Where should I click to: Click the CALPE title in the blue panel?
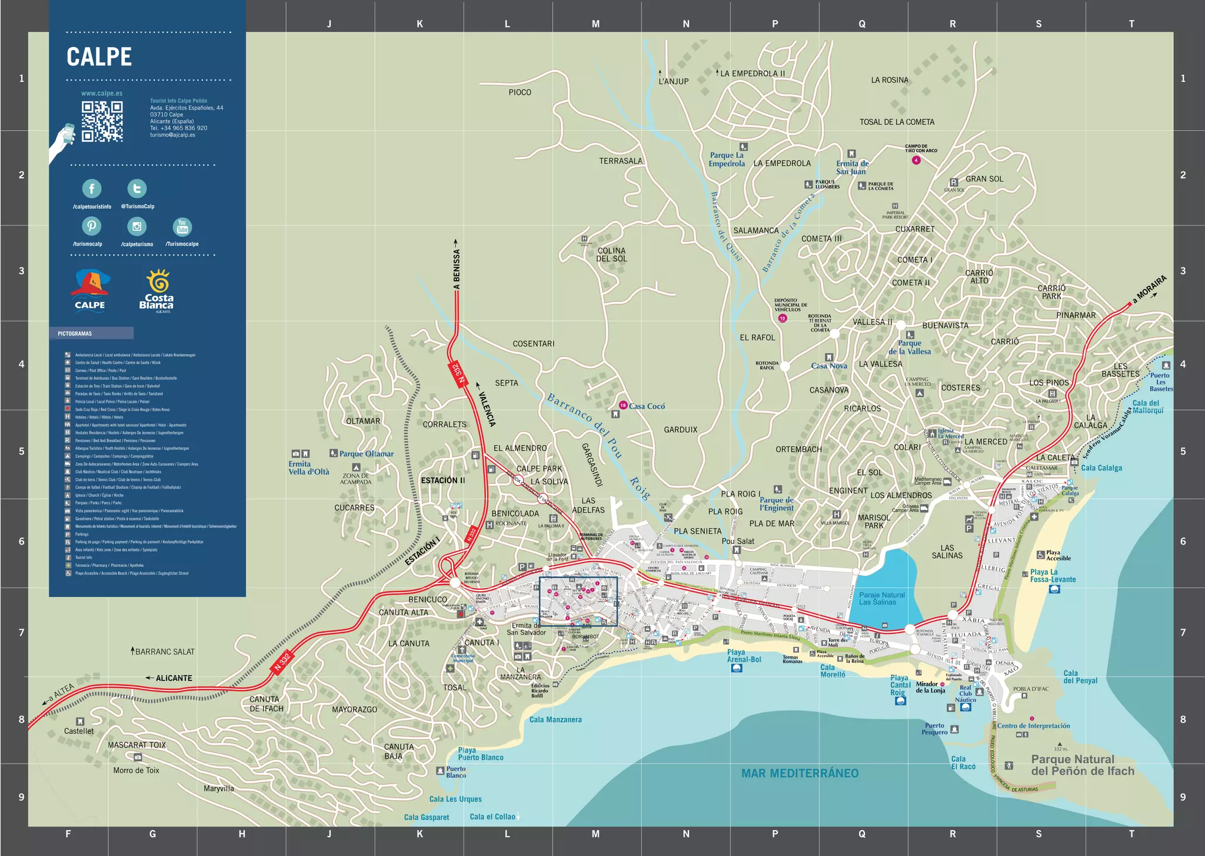(x=99, y=57)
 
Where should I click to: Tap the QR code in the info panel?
(x=102, y=121)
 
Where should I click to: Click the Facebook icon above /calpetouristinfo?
(x=92, y=188)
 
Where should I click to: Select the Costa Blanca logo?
(x=157, y=291)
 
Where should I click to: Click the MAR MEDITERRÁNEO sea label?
(x=800, y=773)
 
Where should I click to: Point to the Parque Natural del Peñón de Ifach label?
(x=1082, y=765)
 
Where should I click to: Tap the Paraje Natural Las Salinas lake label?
(x=881, y=598)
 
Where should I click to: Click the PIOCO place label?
(x=520, y=92)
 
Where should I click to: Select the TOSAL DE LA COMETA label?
(x=896, y=122)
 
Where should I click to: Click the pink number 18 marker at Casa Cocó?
(x=623, y=405)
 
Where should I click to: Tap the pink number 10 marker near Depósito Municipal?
(x=782, y=318)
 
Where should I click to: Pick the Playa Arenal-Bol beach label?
(x=743, y=656)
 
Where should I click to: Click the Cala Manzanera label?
(x=555, y=719)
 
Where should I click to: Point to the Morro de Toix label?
(x=136, y=770)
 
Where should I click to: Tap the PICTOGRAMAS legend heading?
(x=75, y=334)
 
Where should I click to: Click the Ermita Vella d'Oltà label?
(x=308, y=468)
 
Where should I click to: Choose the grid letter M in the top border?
(x=595, y=24)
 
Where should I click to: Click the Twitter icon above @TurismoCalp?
(x=137, y=188)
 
